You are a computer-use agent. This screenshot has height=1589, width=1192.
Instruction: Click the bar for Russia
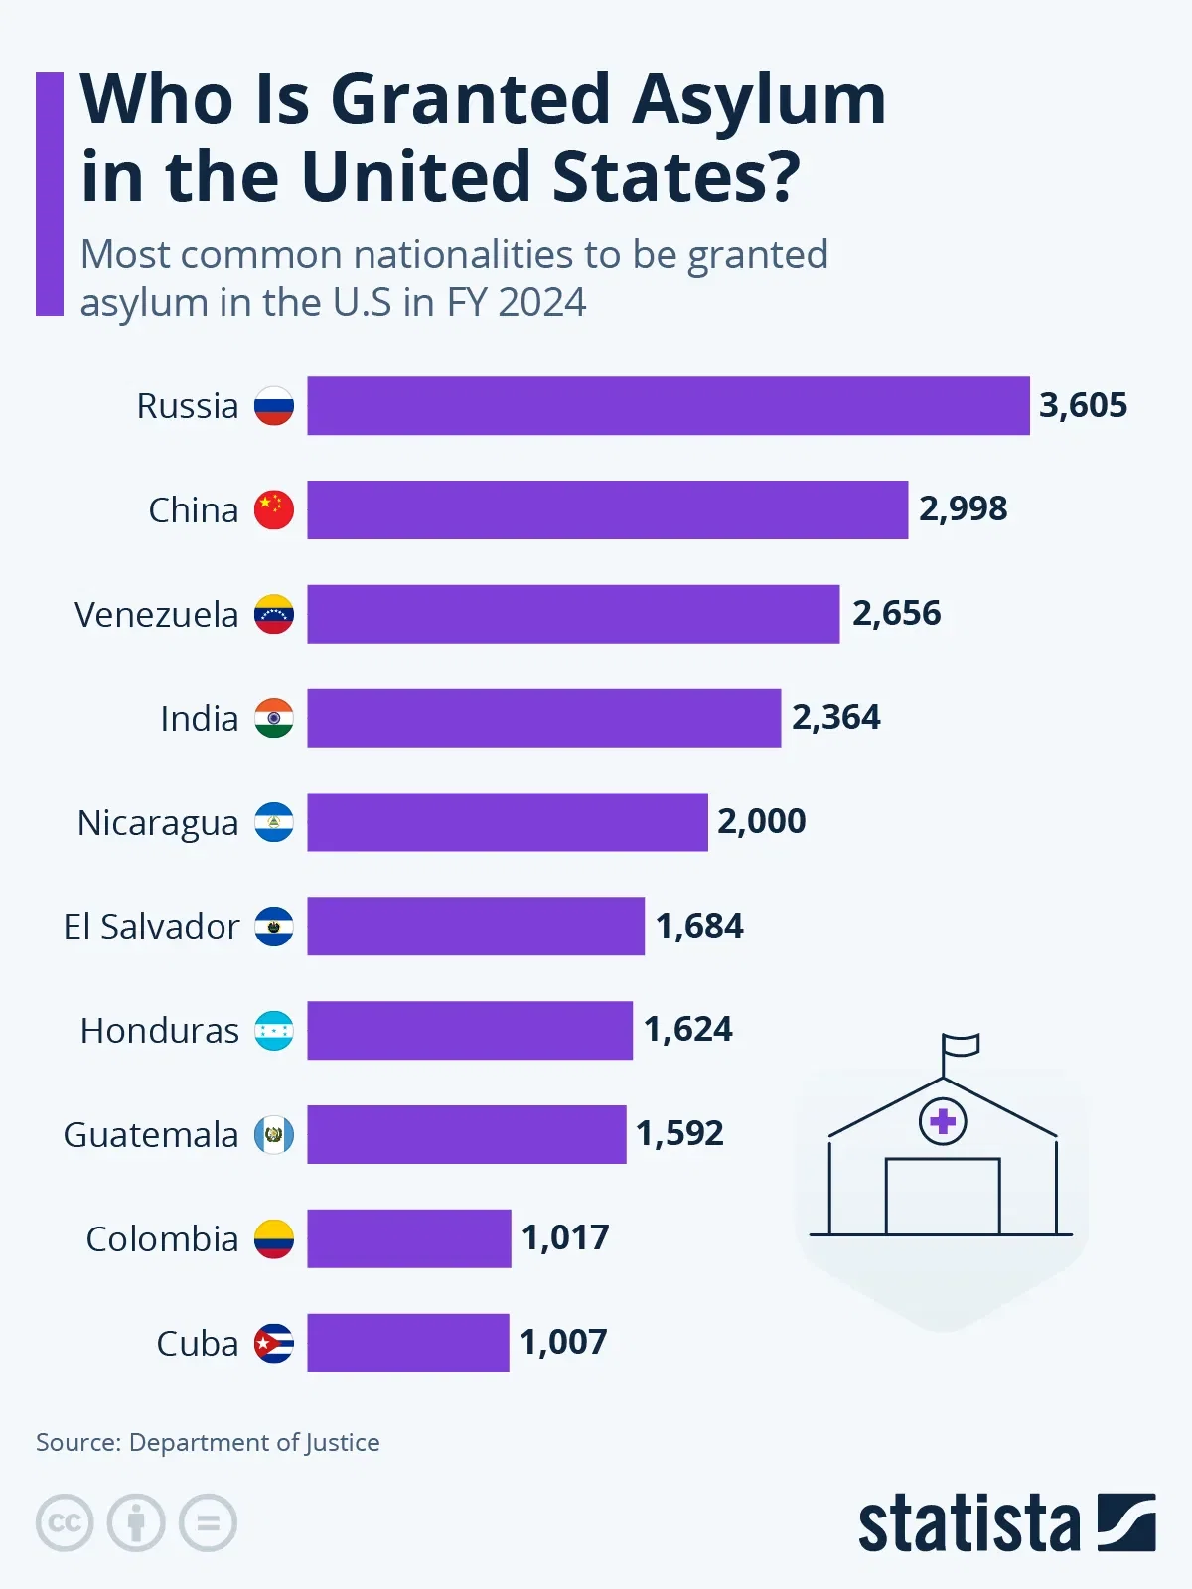point(668,405)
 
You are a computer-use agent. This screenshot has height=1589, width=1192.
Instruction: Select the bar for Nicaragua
point(507,822)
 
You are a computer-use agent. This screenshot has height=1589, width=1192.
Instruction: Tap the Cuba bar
point(407,1343)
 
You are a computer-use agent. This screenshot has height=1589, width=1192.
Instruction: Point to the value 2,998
point(963,508)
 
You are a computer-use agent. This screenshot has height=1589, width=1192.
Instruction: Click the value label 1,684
point(699,926)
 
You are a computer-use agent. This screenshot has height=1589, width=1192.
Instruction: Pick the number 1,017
point(565,1237)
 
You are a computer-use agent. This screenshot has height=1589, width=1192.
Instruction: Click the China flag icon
point(274,509)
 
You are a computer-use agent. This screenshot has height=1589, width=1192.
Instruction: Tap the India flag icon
point(274,718)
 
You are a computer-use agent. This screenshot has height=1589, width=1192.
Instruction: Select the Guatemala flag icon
point(274,1134)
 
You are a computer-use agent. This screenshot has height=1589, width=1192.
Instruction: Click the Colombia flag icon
point(274,1238)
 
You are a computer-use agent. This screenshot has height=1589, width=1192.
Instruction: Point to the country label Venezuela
point(157,615)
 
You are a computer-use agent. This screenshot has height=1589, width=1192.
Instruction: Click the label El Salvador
point(151,927)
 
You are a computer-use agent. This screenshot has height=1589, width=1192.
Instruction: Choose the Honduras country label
point(160,1031)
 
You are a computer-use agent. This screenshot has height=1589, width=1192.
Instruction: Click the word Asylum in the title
point(759,101)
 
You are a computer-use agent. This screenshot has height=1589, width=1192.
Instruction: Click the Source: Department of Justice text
point(208,1442)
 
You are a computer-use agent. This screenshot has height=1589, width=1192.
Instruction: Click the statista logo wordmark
point(968,1523)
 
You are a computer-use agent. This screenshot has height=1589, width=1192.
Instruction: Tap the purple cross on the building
point(943,1122)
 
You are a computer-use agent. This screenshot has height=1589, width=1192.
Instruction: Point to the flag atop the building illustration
point(961,1045)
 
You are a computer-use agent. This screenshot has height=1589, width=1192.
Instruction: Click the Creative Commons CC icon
point(65,1522)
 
